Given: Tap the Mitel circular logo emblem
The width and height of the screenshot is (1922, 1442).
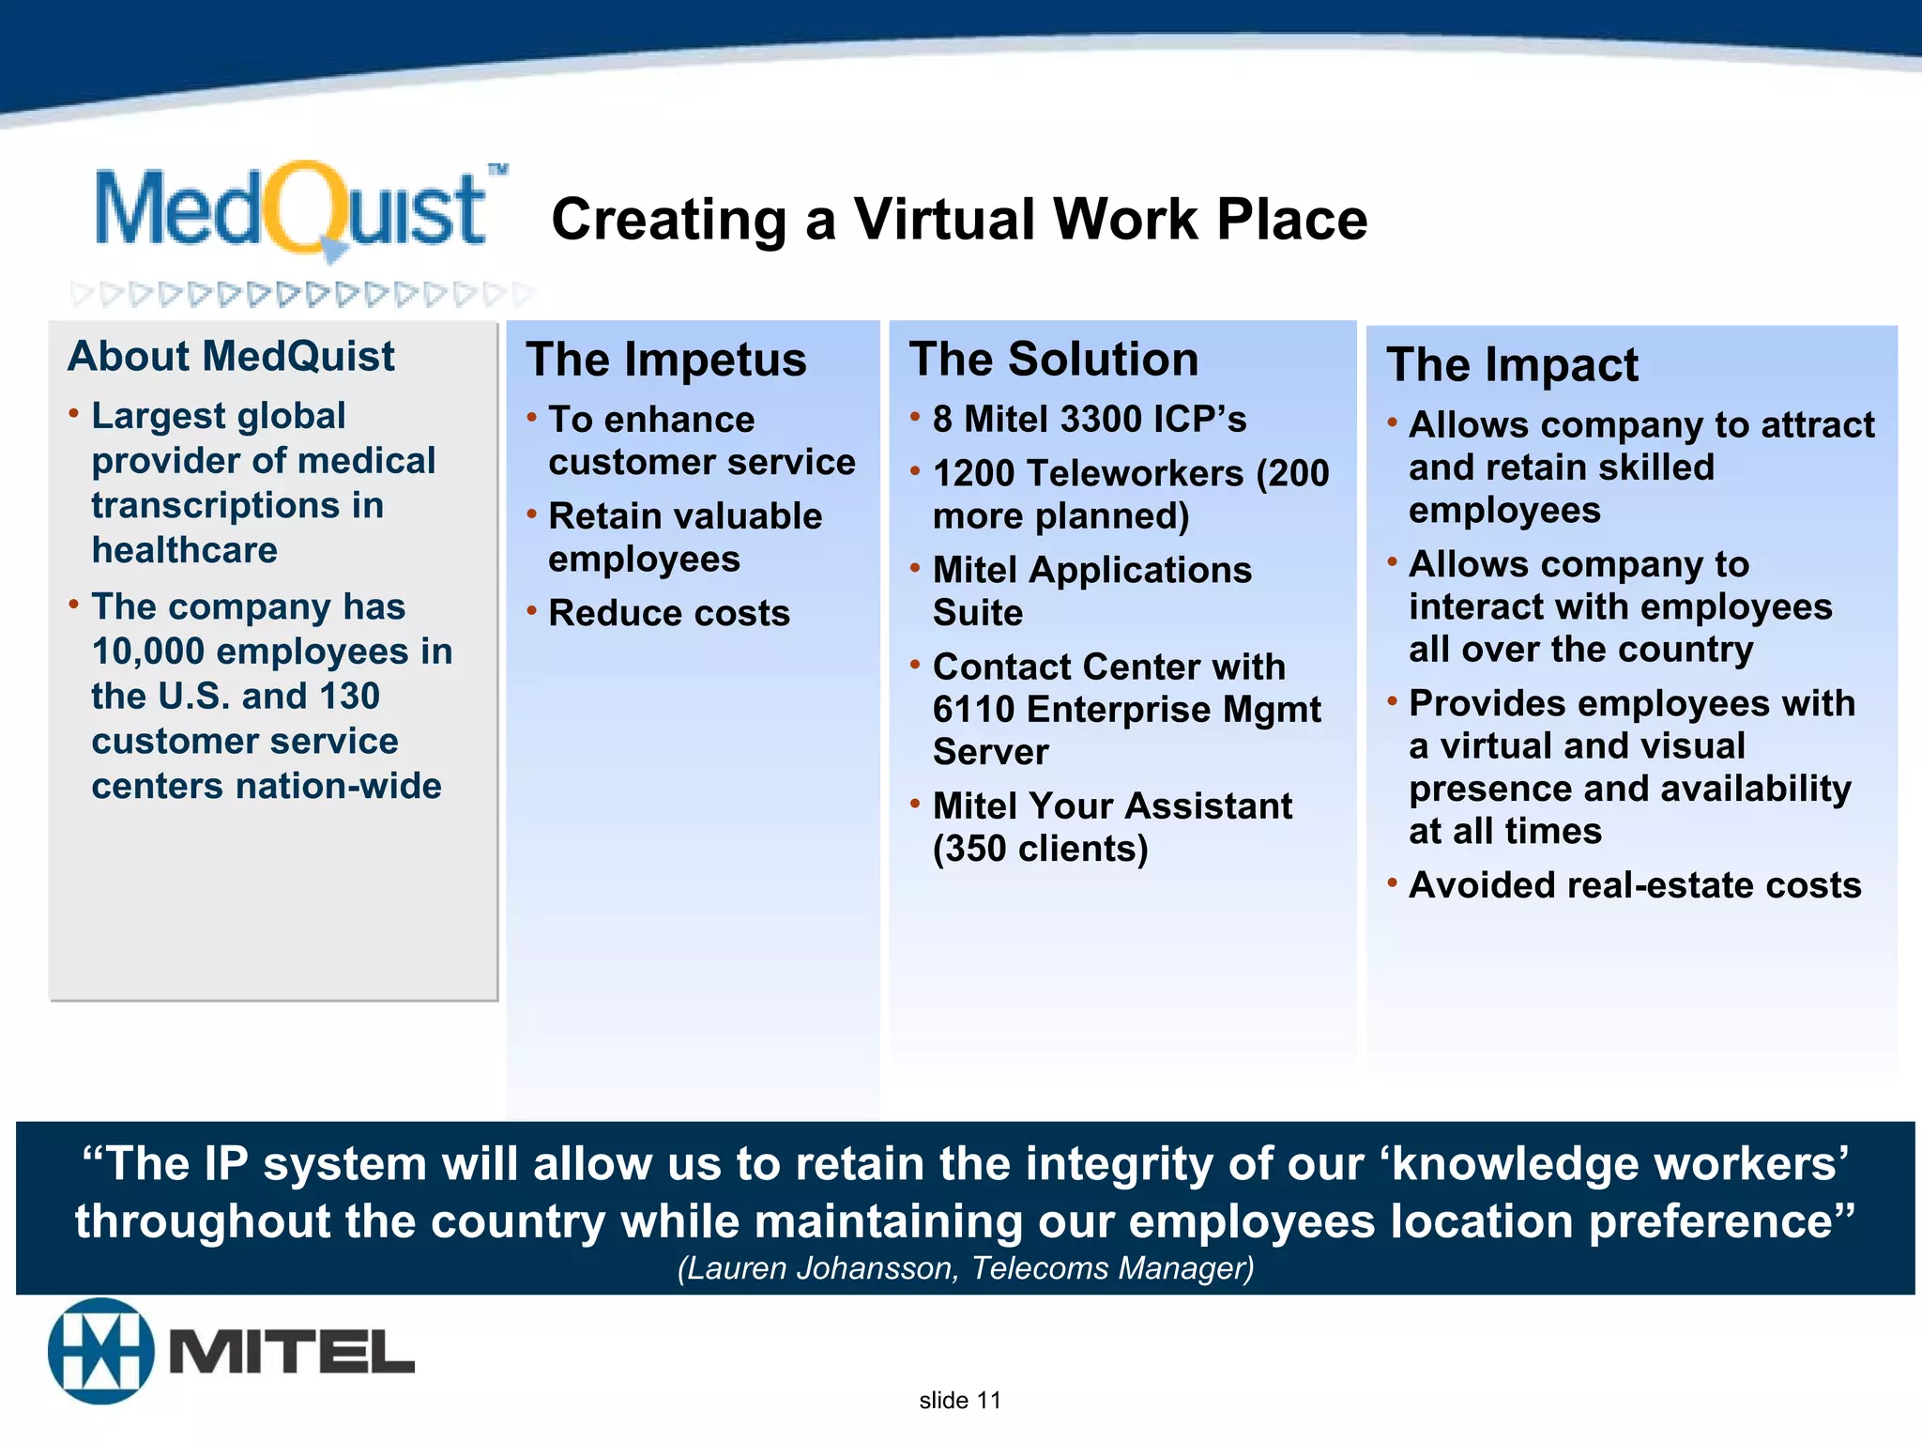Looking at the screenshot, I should click(x=101, y=1351).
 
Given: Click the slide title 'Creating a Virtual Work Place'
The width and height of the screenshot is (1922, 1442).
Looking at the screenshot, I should click(x=958, y=220).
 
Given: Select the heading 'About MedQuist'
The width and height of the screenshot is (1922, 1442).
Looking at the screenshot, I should click(x=231, y=357).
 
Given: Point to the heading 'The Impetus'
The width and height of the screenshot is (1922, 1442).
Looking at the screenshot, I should click(x=665, y=360).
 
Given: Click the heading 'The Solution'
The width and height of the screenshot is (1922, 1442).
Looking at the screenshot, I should click(x=1053, y=360).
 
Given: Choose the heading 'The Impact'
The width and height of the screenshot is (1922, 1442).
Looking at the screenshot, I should click(x=1512, y=364).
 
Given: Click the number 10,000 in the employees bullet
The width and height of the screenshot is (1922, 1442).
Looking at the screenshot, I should click(x=147, y=652).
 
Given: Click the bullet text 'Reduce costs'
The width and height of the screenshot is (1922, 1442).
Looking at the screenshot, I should click(x=668, y=613).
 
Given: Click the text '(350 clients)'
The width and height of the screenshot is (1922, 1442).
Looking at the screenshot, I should click(x=1040, y=849).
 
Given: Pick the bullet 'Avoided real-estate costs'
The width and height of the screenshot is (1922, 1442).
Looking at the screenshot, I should click(x=1635, y=885).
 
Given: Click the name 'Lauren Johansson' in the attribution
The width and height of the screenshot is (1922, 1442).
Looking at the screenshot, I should click(x=822, y=1268).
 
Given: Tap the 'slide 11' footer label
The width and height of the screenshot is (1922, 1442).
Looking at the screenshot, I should click(x=959, y=1401).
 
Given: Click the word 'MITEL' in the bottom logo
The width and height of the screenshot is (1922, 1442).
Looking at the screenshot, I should click(x=292, y=1352).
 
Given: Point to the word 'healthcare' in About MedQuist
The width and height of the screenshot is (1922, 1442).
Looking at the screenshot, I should click(x=184, y=550).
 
